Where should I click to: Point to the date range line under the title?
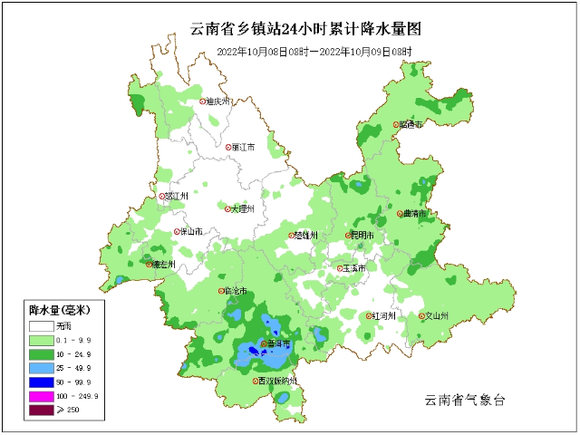pyautogui.click(x=314, y=52)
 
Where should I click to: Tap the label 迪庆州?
pyautogui.click(x=219, y=101)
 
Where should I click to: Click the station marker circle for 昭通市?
pyautogui.click(x=396, y=125)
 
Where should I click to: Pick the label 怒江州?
pyautogui.click(x=177, y=196)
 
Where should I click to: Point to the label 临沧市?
pyautogui.click(x=235, y=291)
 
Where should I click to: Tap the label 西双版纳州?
pyautogui.click(x=278, y=382)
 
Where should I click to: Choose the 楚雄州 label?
pyautogui.click(x=306, y=235)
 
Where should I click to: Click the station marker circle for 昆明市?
pyautogui.click(x=348, y=236)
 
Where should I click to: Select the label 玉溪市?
pyautogui.click(x=354, y=268)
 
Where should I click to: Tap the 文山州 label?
pyautogui.click(x=438, y=316)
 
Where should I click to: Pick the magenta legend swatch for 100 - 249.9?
pyautogui.click(x=41, y=396)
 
